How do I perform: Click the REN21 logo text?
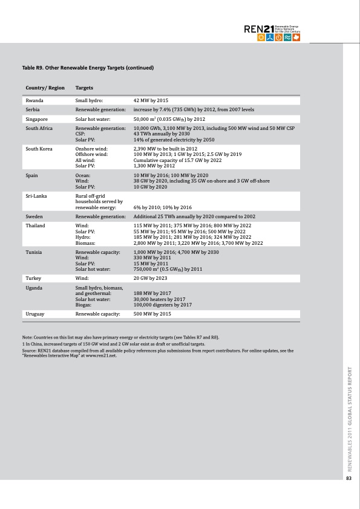click(258, 30)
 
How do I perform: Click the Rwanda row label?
click(34, 100)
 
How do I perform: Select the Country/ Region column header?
click(45, 88)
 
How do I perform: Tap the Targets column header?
click(84, 88)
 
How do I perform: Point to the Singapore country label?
click(36, 119)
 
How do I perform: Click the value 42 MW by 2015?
click(151, 100)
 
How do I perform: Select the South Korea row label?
click(39, 148)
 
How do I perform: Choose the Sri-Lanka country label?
click(36, 196)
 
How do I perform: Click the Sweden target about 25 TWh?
click(194, 216)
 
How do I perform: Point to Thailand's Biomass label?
click(85, 243)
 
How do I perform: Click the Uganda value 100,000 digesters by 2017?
click(162, 305)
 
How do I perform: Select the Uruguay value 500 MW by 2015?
click(152, 314)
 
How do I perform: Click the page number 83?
click(349, 479)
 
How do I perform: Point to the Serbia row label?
click(33, 109)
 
